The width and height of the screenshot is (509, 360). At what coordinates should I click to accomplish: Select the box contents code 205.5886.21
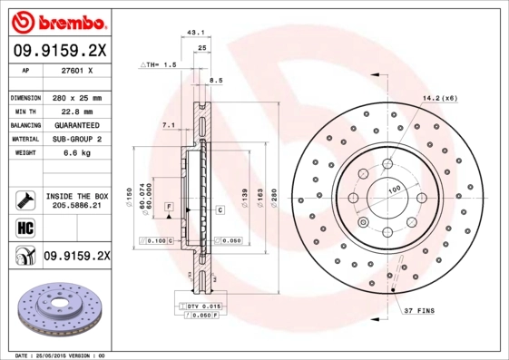(76, 207)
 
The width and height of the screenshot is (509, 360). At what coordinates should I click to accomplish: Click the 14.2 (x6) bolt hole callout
(439, 96)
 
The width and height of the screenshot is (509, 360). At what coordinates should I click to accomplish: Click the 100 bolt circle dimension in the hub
(395, 190)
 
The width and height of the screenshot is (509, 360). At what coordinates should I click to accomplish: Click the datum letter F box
(168, 209)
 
